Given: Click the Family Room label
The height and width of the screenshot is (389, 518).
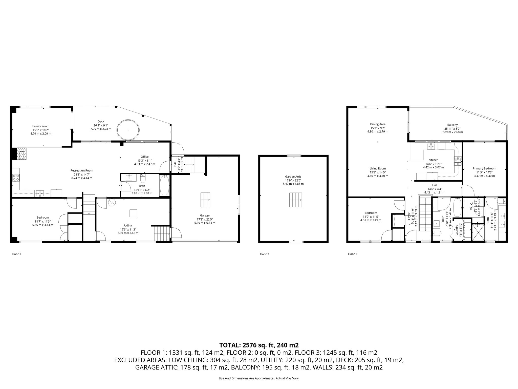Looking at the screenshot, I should (x=41, y=126).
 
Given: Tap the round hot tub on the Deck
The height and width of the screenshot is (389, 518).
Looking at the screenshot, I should (x=128, y=130).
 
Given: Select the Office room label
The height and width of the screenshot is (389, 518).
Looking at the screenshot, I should (x=145, y=157).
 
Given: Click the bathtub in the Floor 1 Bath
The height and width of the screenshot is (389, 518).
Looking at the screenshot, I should (x=164, y=185).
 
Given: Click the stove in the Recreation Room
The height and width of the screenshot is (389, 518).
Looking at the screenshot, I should (x=16, y=178).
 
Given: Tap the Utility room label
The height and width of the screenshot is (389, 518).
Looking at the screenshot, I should (x=128, y=225).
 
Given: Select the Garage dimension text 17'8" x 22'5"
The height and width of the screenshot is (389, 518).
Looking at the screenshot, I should (x=205, y=219).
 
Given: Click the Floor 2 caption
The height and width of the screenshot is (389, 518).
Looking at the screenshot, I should (x=265, y=254).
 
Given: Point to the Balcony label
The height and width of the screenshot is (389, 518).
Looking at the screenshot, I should (x=452, y=125).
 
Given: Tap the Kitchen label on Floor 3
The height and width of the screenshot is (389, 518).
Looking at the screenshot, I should (x=433, y=160).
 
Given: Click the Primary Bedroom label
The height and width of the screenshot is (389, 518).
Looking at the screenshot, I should (x=484, y=168).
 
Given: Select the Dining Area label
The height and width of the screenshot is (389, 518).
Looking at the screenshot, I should (x=378, y=124).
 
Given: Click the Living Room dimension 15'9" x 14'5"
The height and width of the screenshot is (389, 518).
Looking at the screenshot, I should (x=378, y=172).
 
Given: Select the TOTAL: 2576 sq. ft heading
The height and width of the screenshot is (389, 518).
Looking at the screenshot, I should (x=259, y=345).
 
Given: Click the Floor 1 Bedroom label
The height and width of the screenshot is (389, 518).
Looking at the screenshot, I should (x=43, y=217).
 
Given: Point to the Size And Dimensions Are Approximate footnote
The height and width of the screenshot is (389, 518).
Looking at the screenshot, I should (x=259, y=378).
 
